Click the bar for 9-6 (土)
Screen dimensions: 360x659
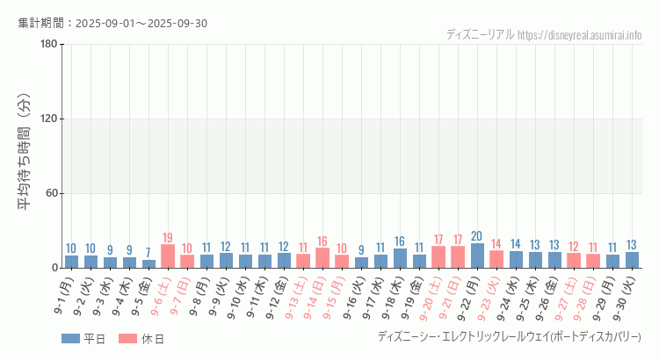[168, 256]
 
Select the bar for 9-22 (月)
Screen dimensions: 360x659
[477, 256]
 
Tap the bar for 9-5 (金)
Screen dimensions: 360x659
[148, 263]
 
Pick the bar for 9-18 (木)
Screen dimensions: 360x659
[400, 258]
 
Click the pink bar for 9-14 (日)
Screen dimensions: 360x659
[322, 258]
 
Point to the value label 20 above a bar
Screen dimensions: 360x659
[477, 236]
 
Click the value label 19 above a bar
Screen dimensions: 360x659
[168, 238]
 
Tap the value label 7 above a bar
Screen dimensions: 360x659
[148, 253]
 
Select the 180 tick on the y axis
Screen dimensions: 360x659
[48, 45]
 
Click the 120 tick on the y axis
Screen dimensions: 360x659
[48, 119]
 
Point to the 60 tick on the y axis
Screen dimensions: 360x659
[51, 193]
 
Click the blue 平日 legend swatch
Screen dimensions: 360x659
[71, 339]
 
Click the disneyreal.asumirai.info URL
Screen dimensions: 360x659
[580, 35]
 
